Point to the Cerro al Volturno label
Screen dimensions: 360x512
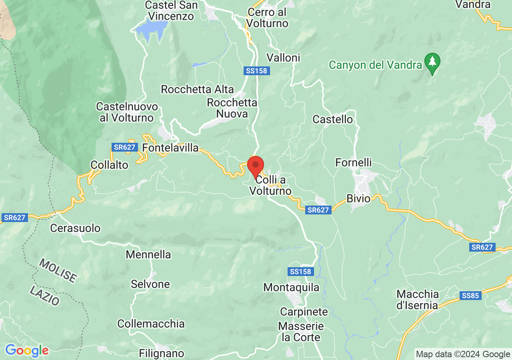(x=267, y=18)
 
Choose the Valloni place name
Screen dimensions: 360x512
(x=283, y=58)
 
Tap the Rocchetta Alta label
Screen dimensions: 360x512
(x=197, y=89)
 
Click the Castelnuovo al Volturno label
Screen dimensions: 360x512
(x=127, y=112)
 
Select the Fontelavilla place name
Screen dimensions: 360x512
(x=170, y=148)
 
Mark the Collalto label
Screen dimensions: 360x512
(x=109, y=165)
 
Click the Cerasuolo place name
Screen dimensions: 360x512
(x=75, y=228)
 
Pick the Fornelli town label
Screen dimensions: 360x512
(x=354, y=163)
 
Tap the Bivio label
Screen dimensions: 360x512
(x=358, y=199)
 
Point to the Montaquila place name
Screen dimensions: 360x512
(x=291, y=287)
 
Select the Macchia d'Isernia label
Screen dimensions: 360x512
(x=418, y=300)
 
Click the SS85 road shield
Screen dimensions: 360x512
(x=470, y=296)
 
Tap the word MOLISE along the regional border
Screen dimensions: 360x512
(x=58, y=271)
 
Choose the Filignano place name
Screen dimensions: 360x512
(x=162, y=354)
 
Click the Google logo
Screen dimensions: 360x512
(x=27, y=351)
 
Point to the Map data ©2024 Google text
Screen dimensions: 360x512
(x=463, y=354)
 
